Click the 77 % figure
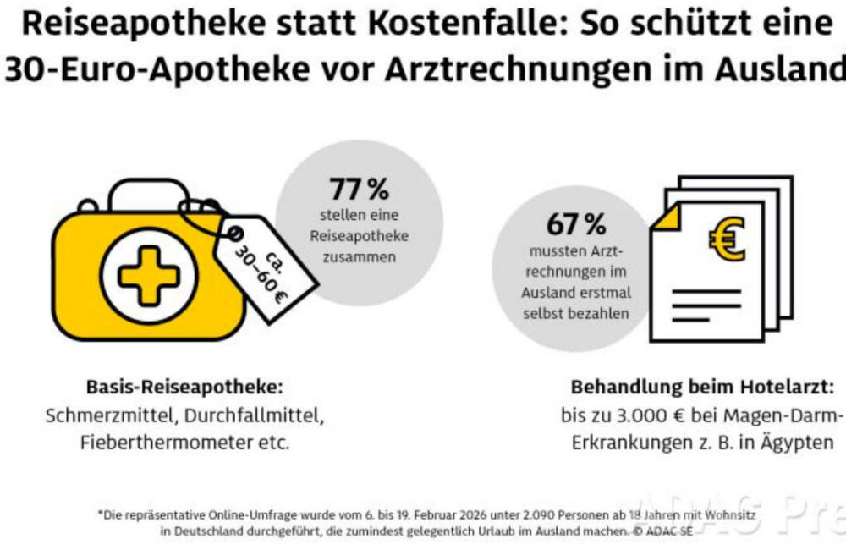(360, 189)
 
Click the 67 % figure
(576, 224)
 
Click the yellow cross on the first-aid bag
(148, 275)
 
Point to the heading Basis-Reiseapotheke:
(184, 387)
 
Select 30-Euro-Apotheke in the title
(157, 69)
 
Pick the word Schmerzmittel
(112, 415)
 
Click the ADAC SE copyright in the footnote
(663, 531)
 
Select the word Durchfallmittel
(254, 415)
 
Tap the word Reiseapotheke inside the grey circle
(360, 236)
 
